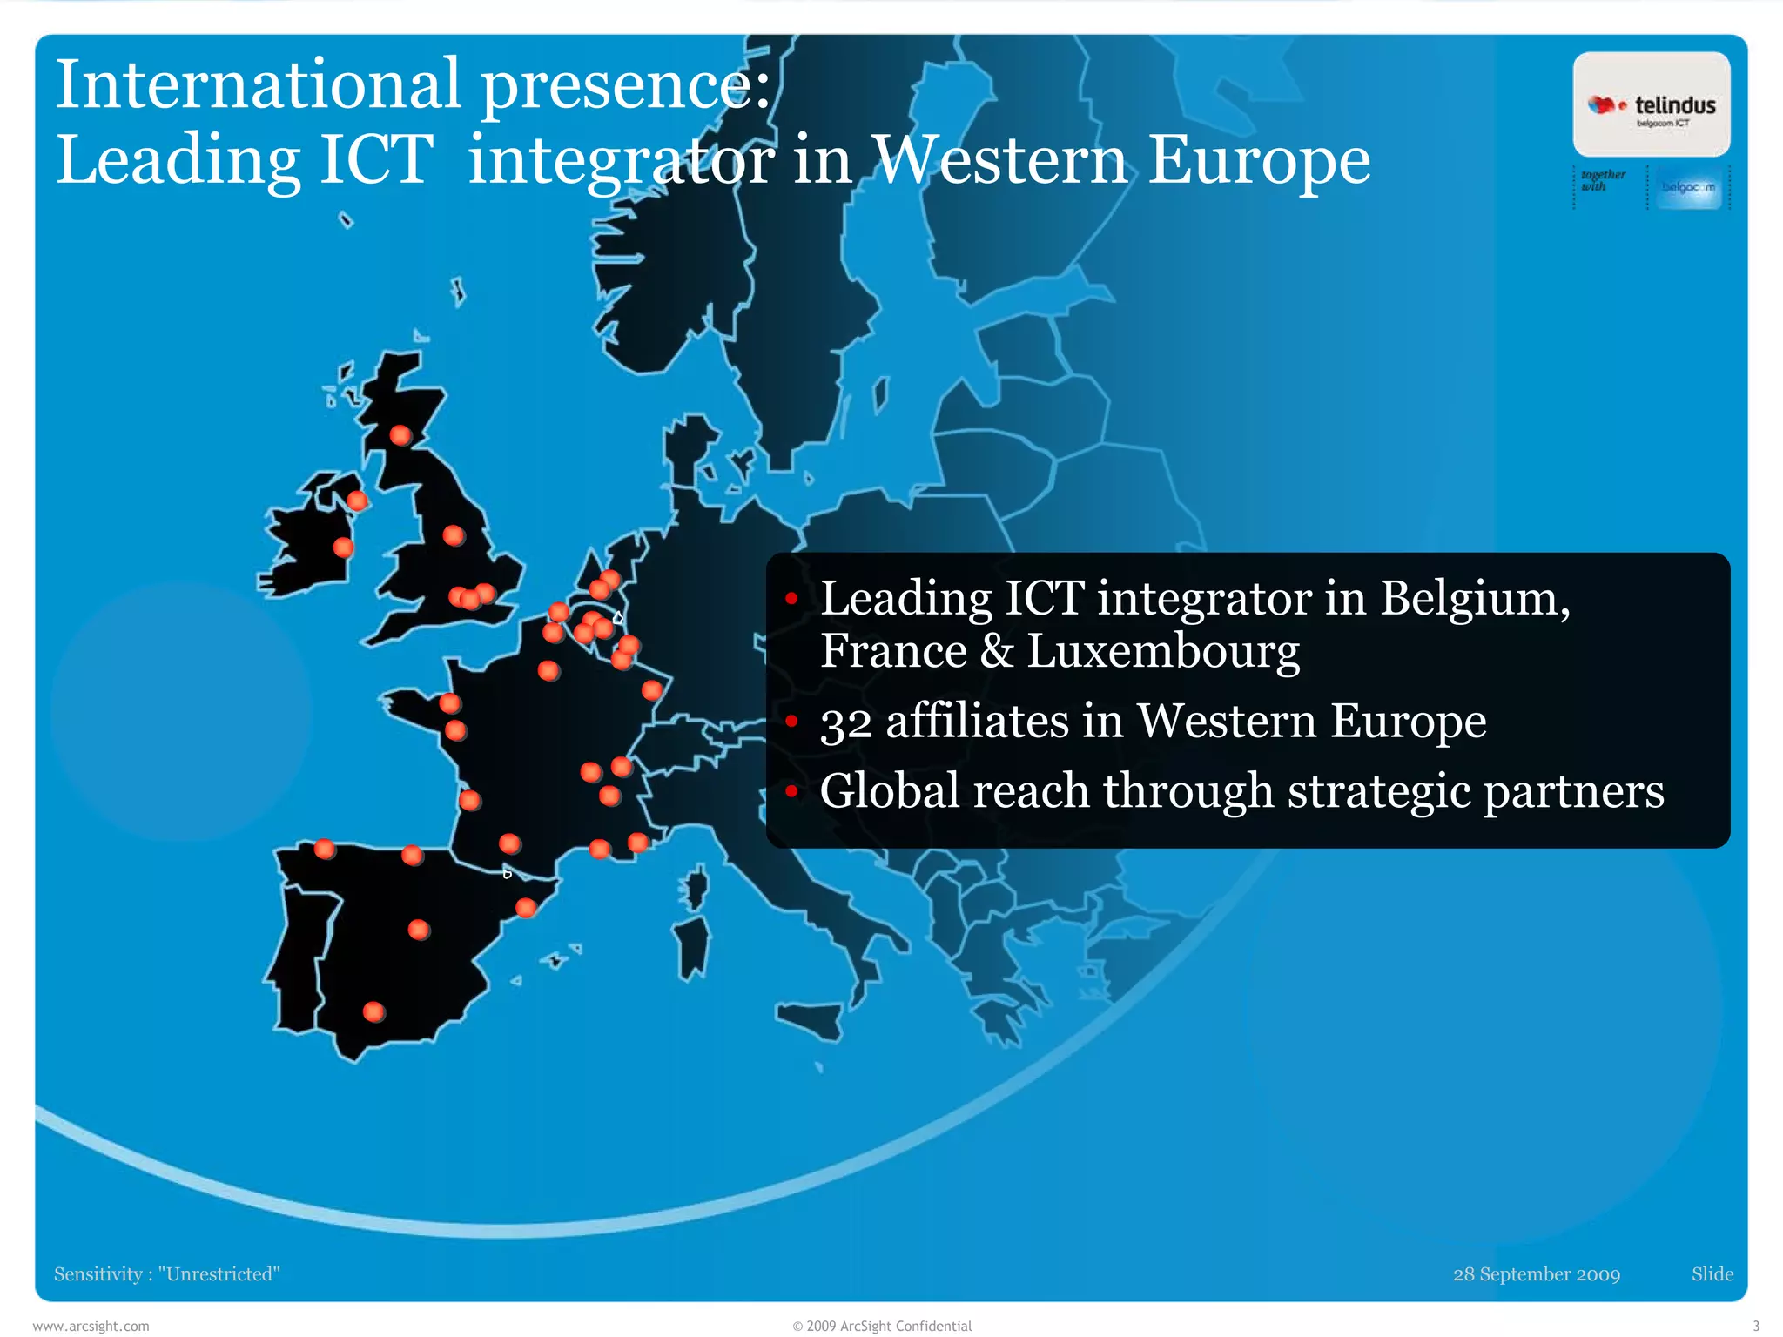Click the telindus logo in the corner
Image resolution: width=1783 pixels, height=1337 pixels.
click(x=1651, y=105)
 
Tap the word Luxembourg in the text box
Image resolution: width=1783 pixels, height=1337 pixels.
click(x=1163, y=652)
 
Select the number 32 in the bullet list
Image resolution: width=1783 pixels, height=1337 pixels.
click(x=845, y=722)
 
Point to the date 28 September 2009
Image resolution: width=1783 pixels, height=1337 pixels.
click(x=1536, y=1274)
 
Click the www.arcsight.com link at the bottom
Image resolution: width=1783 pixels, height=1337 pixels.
click(x=91, y=1326)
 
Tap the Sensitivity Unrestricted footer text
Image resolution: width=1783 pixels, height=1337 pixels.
click(x=167, y=1274)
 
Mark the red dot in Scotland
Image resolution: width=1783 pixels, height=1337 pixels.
click(x=400, y=435)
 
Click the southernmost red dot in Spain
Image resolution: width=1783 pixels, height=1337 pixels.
click(x=373, y=1011)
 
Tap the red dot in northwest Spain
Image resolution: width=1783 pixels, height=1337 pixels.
click(x=325, y=849)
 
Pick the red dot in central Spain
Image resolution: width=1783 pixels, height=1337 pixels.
click(x=419, y=930)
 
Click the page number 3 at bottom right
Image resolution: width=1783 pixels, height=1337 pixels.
click(x=1755, y=1326)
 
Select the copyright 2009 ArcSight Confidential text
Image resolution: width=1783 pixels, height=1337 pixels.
click(x=881, y=1326)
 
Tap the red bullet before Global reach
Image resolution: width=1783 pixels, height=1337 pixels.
click(x=791, y=791)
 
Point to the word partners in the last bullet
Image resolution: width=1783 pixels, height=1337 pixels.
click(x=1573, y=791)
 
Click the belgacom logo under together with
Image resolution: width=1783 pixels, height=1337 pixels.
click(x=1687, y=187)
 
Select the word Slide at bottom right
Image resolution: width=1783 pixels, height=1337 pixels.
click(x=1712, y=1274)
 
